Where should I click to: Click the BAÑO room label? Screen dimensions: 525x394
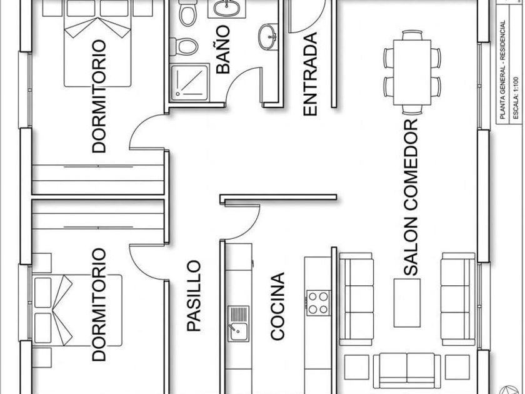[223, 49]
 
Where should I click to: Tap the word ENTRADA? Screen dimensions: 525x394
[310, 74]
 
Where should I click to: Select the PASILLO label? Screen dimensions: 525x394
[194, 296]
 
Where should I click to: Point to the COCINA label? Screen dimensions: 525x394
[277, 306]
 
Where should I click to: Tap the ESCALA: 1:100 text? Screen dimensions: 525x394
[516, 98]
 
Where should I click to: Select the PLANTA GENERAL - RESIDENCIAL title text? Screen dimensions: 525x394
[502, 69]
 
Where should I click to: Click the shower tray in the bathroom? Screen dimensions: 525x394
[189, 83]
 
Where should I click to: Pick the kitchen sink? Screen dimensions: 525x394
[238, 324]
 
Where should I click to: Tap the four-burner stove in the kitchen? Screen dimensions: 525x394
[318, 303]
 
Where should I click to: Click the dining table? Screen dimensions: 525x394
[412, 73]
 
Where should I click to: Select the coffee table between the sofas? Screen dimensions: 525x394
[407, 303]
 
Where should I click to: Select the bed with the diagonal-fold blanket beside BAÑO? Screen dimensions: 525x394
[97, 44]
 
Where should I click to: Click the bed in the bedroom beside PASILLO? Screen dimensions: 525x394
[77, 310]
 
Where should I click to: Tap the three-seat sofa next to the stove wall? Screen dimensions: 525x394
[356, 299]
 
